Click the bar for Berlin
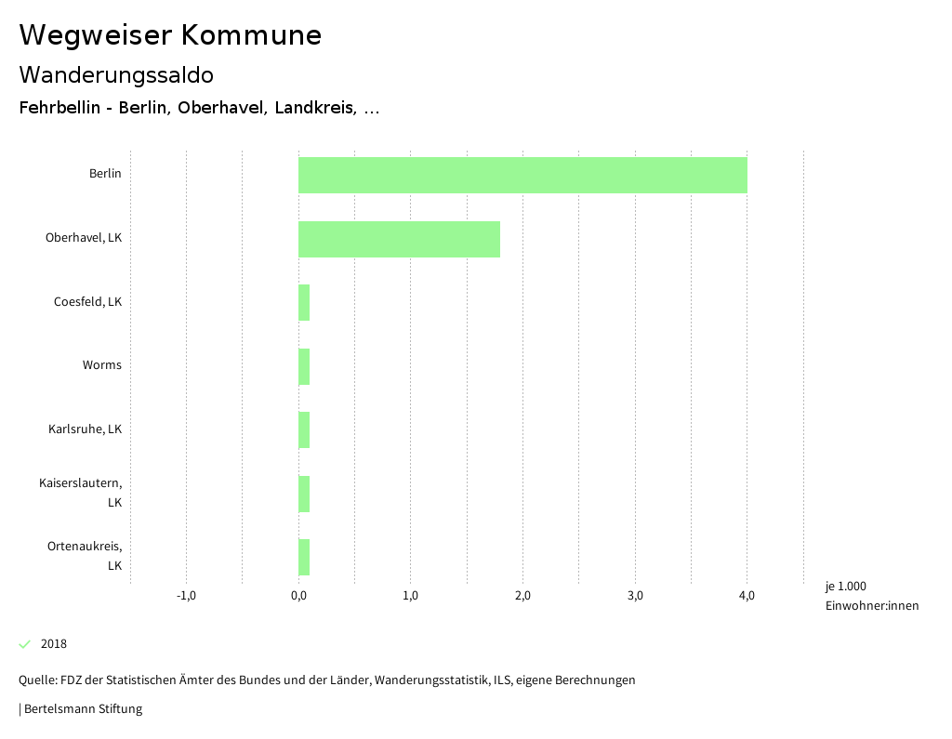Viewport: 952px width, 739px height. coord(522,175)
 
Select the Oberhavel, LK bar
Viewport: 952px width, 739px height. coord(399,239)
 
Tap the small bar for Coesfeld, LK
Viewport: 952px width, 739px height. coord(304,303)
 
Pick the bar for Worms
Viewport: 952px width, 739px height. coord(304,366)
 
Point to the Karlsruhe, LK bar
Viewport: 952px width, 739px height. coord(304,430)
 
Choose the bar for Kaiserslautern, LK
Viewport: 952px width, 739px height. coord(304,494)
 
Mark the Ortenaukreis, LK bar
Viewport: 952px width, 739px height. coord(304,557)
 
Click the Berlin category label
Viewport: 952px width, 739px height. coord(105,174)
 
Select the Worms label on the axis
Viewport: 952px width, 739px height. coord(101,365)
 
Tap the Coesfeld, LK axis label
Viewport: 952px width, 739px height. coord(87,301)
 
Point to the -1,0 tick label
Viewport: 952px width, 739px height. coord(186,596)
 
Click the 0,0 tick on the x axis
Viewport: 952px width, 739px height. coord(298,596)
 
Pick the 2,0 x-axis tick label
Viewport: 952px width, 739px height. coord(522,596)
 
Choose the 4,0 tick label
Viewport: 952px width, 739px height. coord(747,596)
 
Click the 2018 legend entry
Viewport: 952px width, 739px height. coord(54,644)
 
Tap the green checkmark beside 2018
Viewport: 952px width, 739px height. coord(25,644)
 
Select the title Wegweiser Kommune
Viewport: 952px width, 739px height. coord(170,35)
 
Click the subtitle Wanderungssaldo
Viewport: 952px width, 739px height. coord(116,74)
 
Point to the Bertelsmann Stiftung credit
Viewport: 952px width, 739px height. coord(82,709)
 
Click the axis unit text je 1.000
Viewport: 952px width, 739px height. coord(845,587)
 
